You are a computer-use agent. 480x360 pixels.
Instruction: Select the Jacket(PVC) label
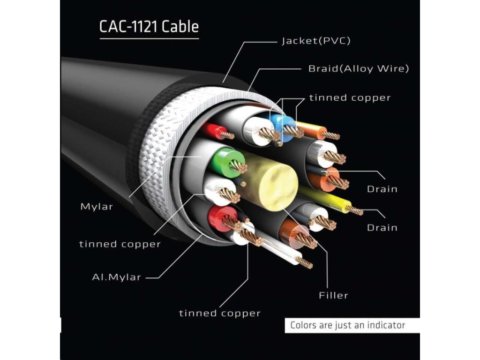[316, 41]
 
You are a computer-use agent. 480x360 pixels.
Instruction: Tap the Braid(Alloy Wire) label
[359, 69]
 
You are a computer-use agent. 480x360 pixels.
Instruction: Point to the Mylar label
[97, 206]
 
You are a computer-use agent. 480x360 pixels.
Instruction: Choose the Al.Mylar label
[116, 277]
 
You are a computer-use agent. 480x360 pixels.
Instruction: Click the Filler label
[333, 295]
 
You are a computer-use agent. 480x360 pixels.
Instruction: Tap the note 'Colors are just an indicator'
[347, 325]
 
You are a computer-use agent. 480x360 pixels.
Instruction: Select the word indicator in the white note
[385, 325]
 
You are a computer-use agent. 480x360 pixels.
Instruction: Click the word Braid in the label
[322, 69]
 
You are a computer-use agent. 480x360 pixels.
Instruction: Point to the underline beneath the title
[149, 38]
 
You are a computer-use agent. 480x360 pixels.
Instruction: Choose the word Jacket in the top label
[296, 41]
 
